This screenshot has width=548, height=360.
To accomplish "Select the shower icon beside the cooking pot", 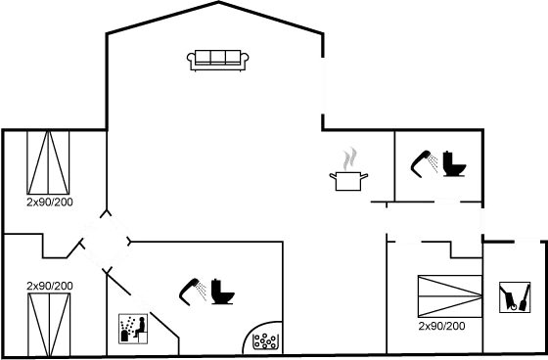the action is tap(423, 162).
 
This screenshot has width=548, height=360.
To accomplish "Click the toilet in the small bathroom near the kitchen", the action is tap(453, 164).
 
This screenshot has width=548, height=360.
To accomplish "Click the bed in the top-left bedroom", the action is tap(50, 162).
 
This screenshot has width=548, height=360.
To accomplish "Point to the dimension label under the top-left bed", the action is tap(50, 202).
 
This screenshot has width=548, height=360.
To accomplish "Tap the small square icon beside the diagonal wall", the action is tap(132, 328).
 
